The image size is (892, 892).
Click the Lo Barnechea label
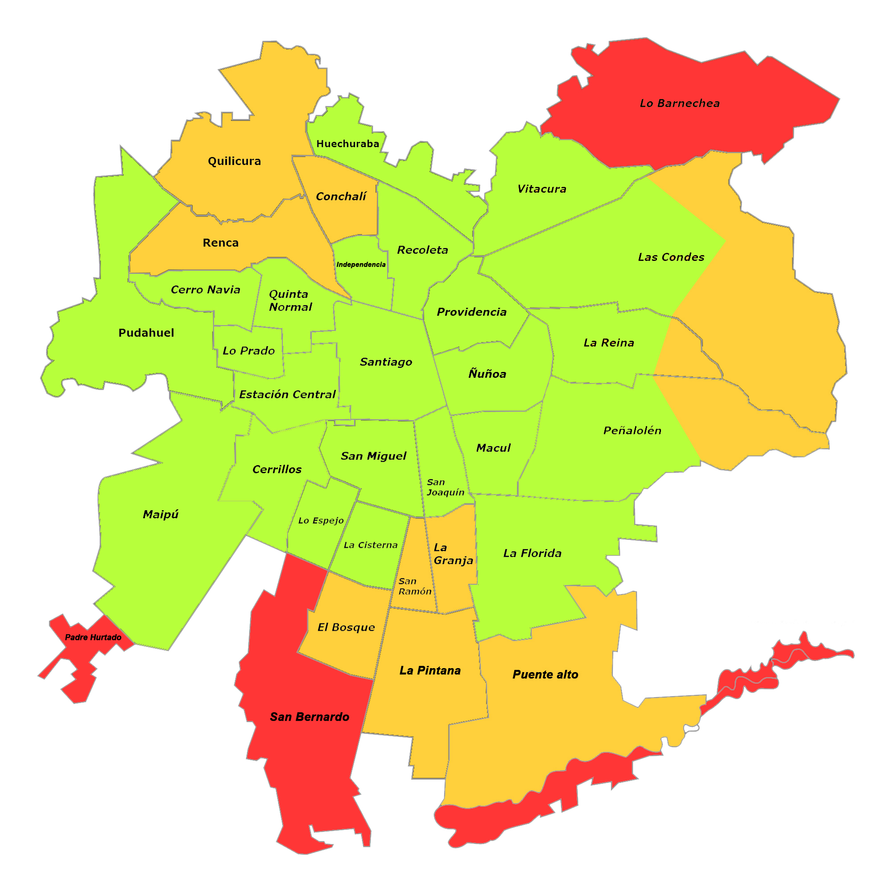[x=680, y=103]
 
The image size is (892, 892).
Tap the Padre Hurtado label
[x=93, y=637]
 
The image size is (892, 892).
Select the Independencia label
[x=361, y=264]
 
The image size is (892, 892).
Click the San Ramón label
[x=415, y=586]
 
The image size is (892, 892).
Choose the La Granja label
[x=454, y=554]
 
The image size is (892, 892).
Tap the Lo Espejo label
[x=321, y=521]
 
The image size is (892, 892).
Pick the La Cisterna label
[x=371, y=545]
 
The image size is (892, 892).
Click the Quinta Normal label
[x=290, y=301]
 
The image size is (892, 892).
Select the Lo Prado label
[x=248, y=351]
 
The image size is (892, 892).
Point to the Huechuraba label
[x=348, y=144]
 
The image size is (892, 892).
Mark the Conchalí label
[x=341, y=197]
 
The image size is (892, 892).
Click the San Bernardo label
[x=310, y=717]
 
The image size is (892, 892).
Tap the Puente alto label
[x=545, y=674]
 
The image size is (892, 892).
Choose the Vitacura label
[x=541, y=189]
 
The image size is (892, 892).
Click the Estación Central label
[x=287, y=394]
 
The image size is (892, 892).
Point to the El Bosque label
[x=346, y=627]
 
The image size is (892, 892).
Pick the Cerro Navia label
[x=206, y=289]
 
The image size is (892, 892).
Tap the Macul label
[x=493, y=448]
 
